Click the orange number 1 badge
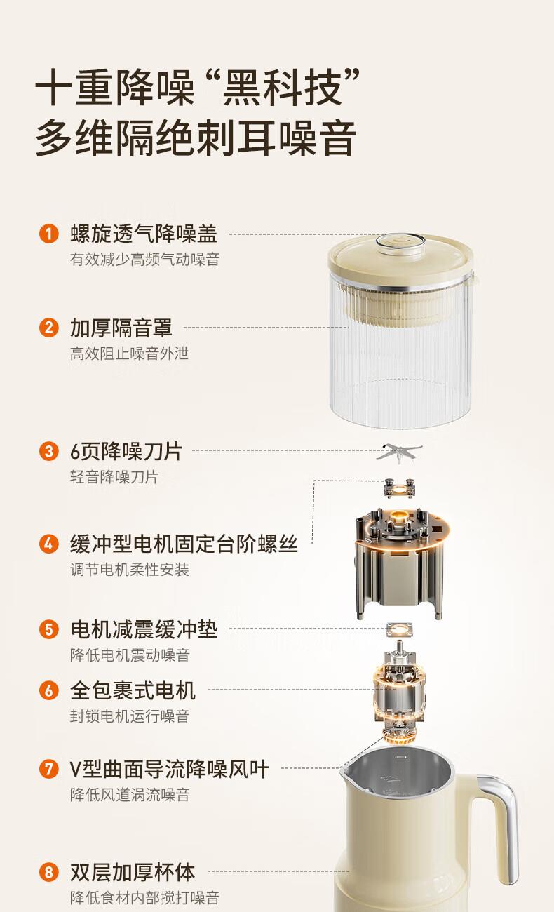49,234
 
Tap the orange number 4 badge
49,544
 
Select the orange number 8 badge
49,872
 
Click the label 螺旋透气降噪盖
144,234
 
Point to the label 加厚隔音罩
121,328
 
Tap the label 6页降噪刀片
126,451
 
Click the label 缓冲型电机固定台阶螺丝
184,544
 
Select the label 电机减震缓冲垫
144,629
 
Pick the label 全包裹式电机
133,690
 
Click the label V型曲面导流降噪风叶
169,769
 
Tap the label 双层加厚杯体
133,872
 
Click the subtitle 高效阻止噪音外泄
130,354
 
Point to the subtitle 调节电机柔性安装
130,569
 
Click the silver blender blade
400,452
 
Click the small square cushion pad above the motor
400,630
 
